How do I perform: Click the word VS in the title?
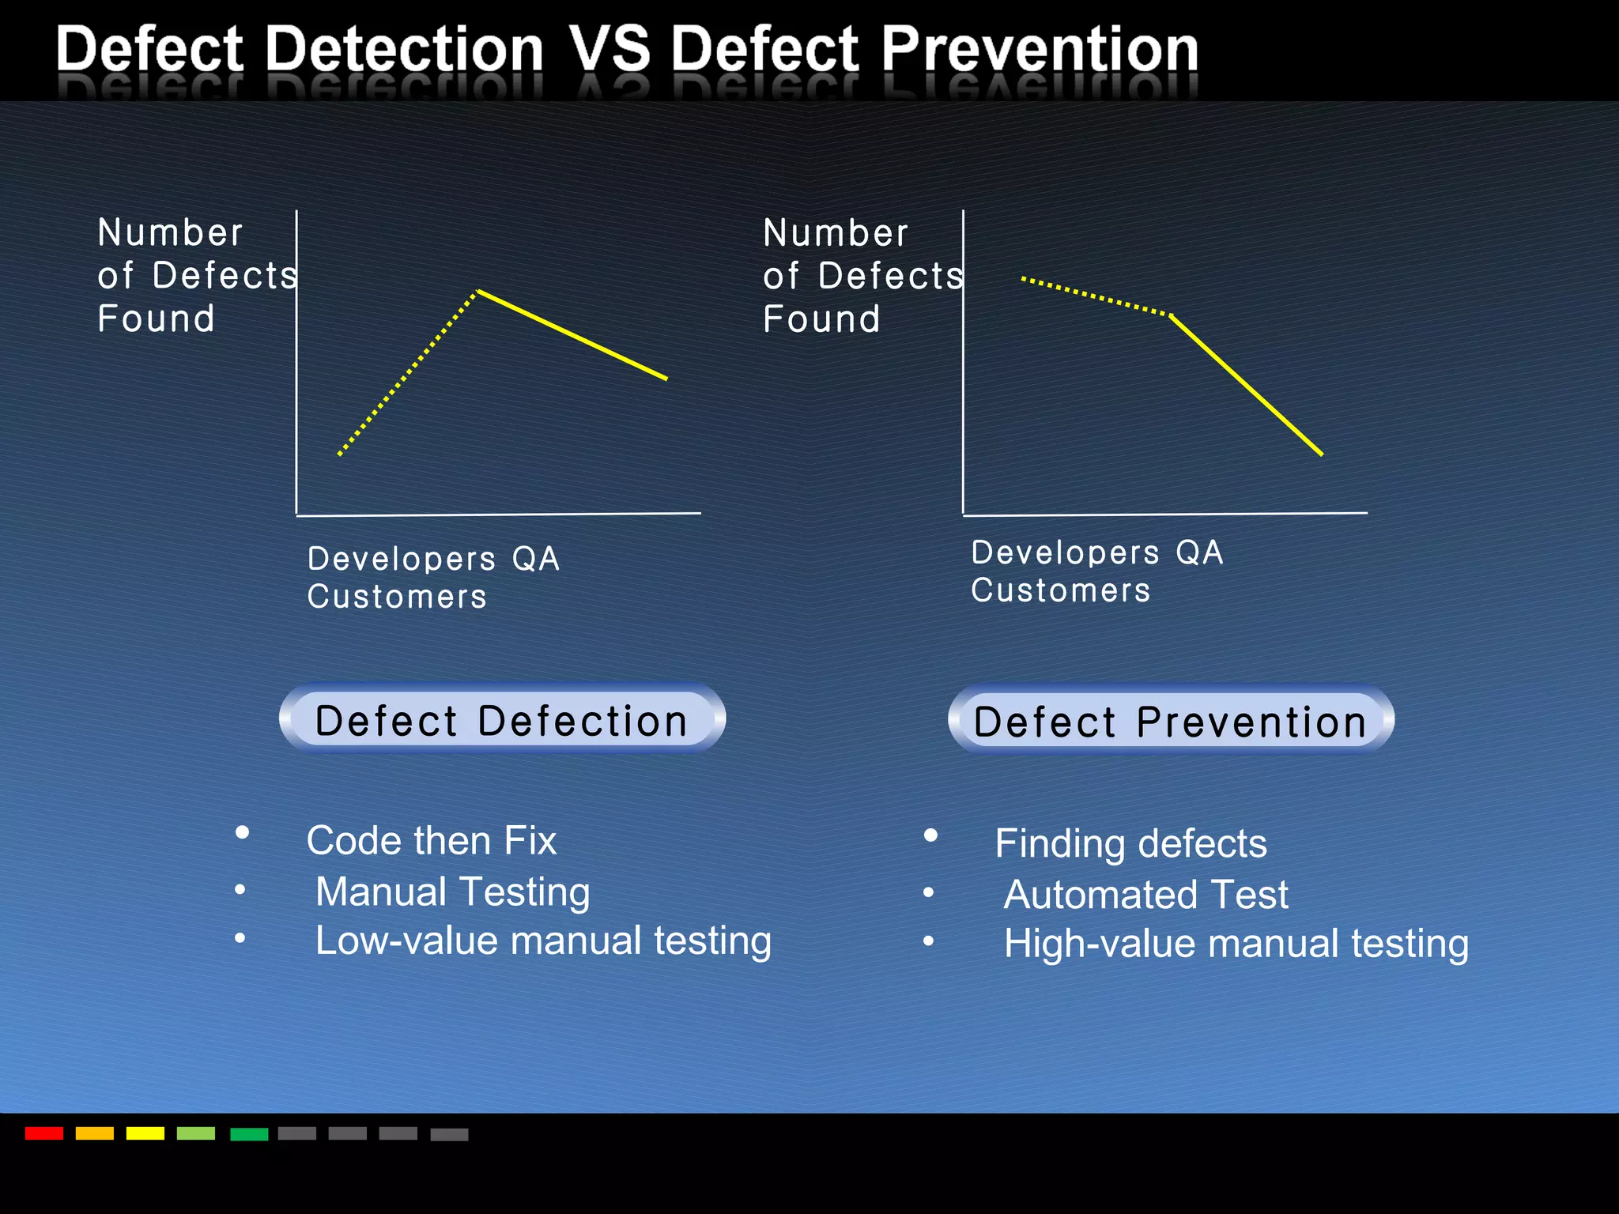pyautogui.click(x=609, y=49)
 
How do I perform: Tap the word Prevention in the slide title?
pyautogui.click(x=1040, y=49)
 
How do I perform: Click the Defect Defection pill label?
pyautogui.click(x=502, y=720)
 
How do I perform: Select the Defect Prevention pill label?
pyautogui.click(x=1171, y=722)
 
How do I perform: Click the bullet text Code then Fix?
pyautogui.click(x=432, y=840)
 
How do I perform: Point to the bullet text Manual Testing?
pyautogui.click(x=452, y=892)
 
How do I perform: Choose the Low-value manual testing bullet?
pyautogui.click(x=543, y=941)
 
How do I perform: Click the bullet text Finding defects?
pyautogui.click(x=1130, y=843)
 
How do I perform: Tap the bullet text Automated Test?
pyautogui.click(x=1145, y=895)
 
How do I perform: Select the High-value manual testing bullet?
pyautogui.click(x=1236, y=944)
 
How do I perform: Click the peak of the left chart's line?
pyautogui.click(x=478, y=292)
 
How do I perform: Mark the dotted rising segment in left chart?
pyautogui.click(x=407, y=373)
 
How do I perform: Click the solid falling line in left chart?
pyautogui.click(x=573, y=335)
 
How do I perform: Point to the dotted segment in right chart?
pyautogui.click(x=1095, y=296)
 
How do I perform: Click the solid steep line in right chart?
pyautogui.click(x=1247, y=385)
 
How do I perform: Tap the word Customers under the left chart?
pyautogui.click(x=397, y=597)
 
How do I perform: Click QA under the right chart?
pyautogui.click(x=1199, y=552)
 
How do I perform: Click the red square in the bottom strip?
pyautogui.click(x=44, y=1133)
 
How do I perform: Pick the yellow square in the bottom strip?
pyautogui.click(x=145, y=1133)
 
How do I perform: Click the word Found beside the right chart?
pyautogui.click(x=821, y=319)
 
